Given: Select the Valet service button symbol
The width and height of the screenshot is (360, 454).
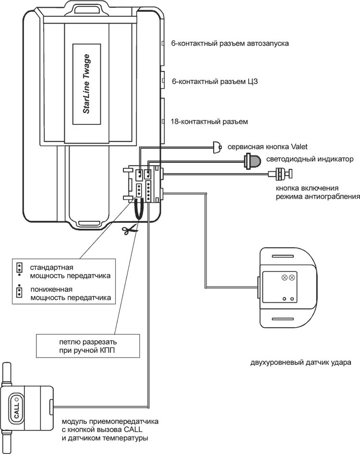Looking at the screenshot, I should click(x=218, y=146).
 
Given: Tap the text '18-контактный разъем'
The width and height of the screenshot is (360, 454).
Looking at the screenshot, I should click(x=209, y=121).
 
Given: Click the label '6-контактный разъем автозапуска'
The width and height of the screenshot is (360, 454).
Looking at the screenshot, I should click(x=229, y=43).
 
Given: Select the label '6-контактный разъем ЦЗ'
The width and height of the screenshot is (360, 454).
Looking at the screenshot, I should click(x=215, y=82).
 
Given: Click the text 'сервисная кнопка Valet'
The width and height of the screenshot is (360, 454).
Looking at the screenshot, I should click(x=267, y=147).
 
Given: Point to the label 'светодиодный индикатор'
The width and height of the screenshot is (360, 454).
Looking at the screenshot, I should click(x=311, y=159).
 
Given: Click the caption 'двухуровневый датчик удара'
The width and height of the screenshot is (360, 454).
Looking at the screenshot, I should click(x=300, y=362).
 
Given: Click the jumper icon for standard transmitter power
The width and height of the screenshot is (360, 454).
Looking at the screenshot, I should click(x=19, y=268).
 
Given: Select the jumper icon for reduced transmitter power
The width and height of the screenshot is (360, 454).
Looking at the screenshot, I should click(x=19, y=292).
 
